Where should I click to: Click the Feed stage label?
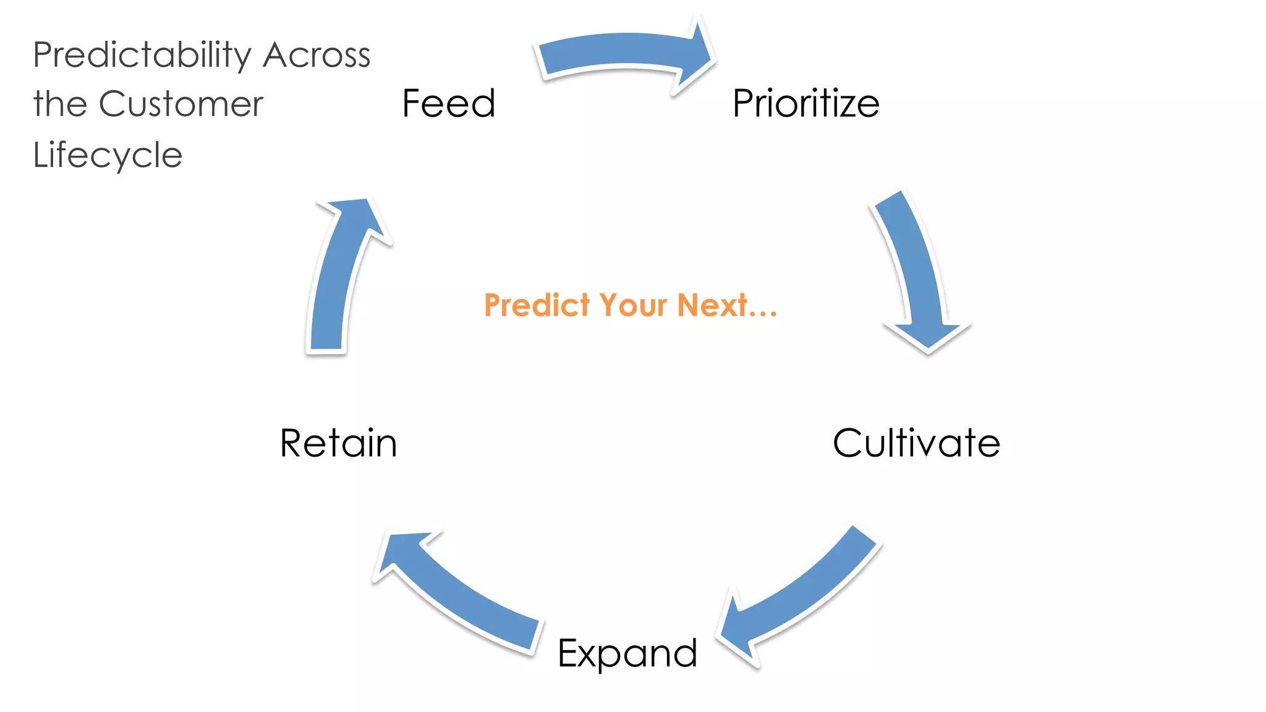pos(449,103)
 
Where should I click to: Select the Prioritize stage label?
pos(805,103)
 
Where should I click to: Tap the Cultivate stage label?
pos(916,443)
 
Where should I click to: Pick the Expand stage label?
pos(627,653)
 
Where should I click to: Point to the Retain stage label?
pos(338,443)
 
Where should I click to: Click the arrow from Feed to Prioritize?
pos(624,53)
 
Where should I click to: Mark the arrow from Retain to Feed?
pos(337,278)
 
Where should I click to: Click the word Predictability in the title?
pos(142,56)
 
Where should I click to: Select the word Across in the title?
pos(316,56)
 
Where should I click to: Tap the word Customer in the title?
pos(181,104)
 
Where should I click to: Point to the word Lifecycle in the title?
pos(108,155)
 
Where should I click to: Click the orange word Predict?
pos(537,305)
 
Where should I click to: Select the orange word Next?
pos(712,305)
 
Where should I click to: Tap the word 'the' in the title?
pos(60,104)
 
